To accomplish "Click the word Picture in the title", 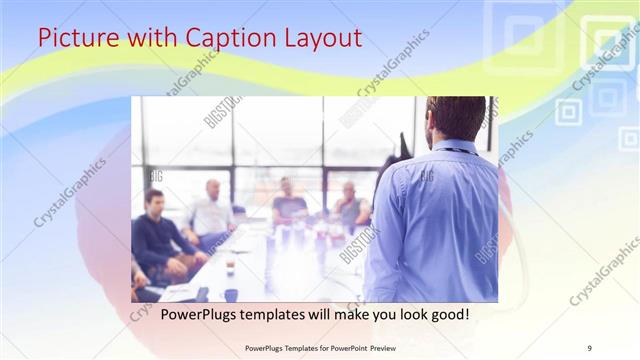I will pos(76,39).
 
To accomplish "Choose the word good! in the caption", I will pos(445,314).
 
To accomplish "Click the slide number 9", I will pos(589,347).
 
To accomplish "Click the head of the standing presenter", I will pos(455,118).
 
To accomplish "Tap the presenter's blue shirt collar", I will pos(455,146).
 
